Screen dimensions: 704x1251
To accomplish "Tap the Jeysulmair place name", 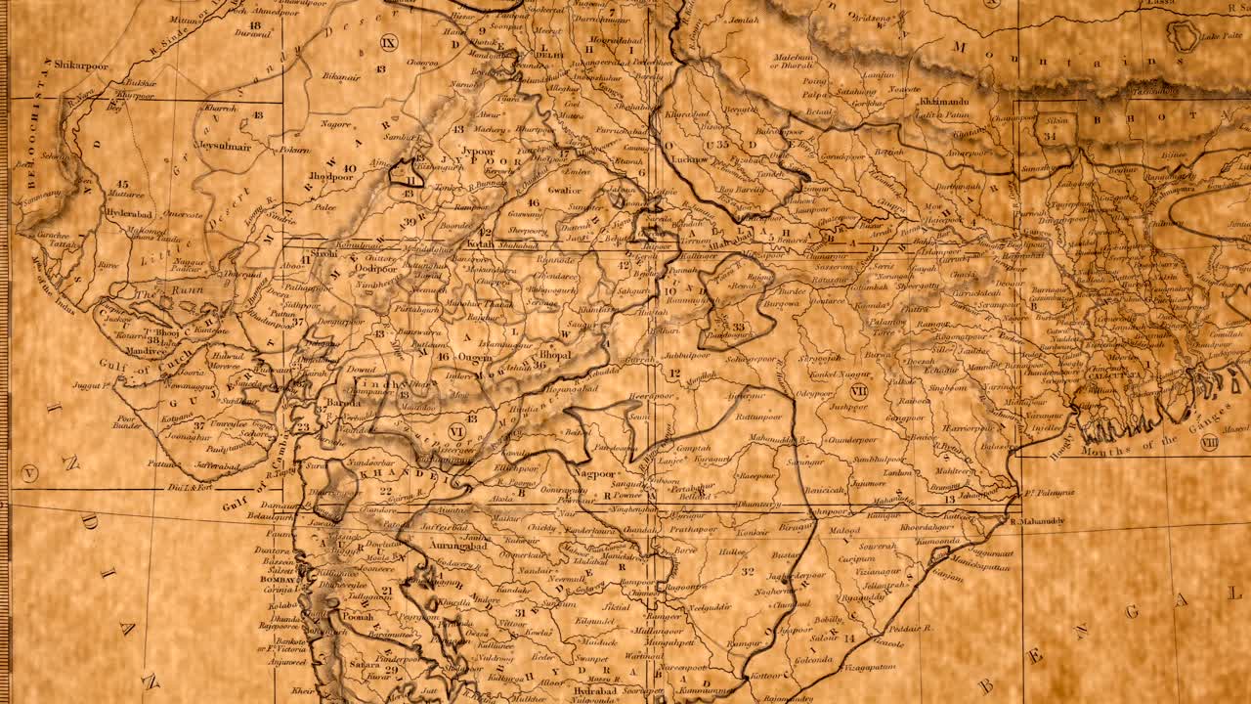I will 223,148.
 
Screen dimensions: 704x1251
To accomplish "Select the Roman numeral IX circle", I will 389,42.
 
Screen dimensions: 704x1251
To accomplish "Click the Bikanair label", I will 341,75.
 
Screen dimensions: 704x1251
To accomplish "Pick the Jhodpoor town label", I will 330,177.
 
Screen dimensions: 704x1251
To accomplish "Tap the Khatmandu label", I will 944,101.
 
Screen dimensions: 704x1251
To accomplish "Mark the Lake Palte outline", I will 1185,36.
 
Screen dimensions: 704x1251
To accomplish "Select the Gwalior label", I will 564,190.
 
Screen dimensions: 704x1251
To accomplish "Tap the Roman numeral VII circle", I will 859,391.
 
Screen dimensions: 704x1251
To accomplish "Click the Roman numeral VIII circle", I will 1209,442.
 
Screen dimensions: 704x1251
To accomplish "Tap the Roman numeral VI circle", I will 455,430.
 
